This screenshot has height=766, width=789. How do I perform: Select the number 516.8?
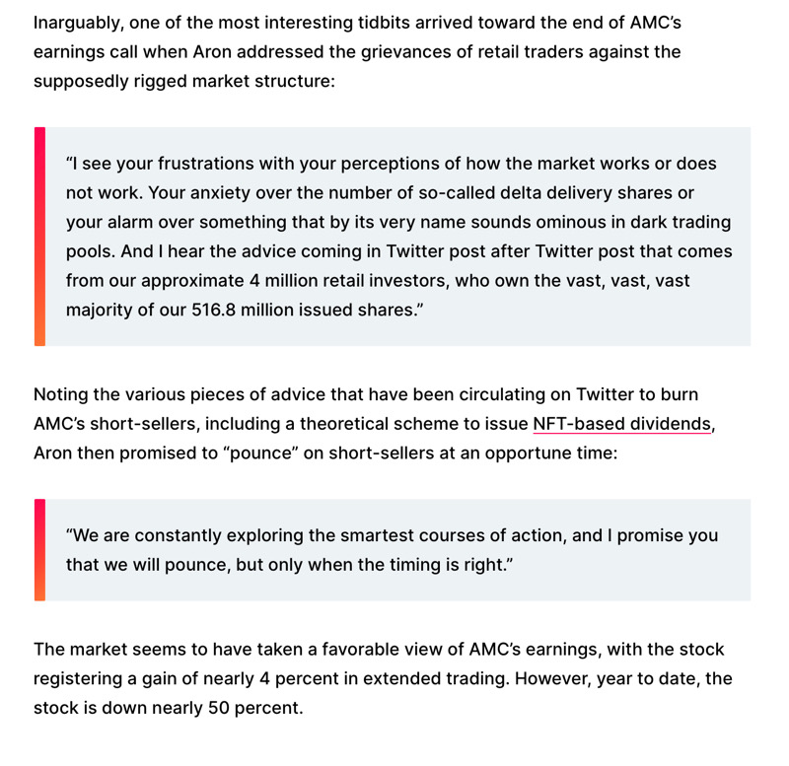[218, 311]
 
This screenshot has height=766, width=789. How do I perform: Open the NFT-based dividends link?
[621, 424]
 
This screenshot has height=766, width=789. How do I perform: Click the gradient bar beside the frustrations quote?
[39, 237]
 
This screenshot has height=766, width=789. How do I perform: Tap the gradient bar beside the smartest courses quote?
[39, 550]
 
